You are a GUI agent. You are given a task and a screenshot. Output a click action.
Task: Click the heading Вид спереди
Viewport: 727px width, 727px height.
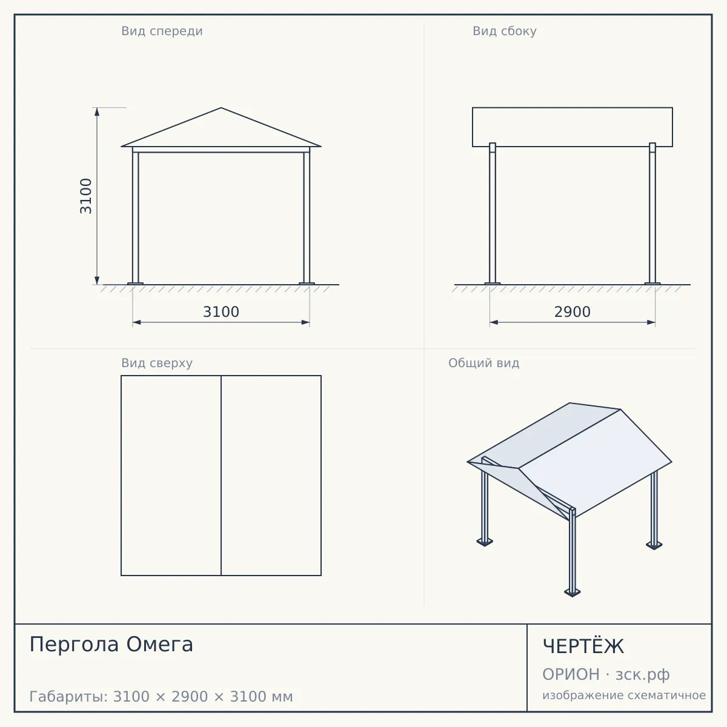tap(162, 32)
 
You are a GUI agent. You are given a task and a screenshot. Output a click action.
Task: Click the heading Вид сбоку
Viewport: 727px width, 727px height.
tap(505, 32)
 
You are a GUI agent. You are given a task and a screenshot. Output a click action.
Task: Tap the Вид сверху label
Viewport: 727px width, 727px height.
tap(157, 363)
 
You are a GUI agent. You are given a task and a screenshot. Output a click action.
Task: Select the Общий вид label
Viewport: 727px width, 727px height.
tap(483, 363)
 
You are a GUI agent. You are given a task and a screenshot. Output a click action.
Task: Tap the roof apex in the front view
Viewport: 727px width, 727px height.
tap(221, 108)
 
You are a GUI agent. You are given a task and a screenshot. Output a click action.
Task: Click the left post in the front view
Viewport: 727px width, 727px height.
tap(136, 217)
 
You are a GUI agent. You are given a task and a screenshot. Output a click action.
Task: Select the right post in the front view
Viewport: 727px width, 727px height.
tap(307, 217)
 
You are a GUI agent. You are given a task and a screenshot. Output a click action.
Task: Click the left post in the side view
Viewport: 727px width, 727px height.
tap(493, 213)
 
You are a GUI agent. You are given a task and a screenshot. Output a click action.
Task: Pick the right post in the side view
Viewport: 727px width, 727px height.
tap(652, 213)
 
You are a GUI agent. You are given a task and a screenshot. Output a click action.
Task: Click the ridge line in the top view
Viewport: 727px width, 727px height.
tap(221, 476)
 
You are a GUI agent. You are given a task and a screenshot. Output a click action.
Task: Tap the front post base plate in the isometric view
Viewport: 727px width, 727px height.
tap(573, 592)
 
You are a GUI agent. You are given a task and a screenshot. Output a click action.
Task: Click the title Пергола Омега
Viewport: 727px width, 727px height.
tap(111, 645)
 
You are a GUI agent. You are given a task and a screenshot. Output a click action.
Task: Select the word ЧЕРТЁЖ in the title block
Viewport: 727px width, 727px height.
tap(583, 646)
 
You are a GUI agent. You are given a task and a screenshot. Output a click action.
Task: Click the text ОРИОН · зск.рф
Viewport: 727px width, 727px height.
tap(606, 674)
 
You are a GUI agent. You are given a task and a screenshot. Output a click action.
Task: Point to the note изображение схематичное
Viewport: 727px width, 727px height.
tap(624, 695)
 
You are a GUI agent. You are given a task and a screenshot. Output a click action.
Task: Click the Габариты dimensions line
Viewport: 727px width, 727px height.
tap(161, 697)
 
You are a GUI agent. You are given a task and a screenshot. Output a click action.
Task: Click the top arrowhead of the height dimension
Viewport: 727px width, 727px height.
tap(97, 111)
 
